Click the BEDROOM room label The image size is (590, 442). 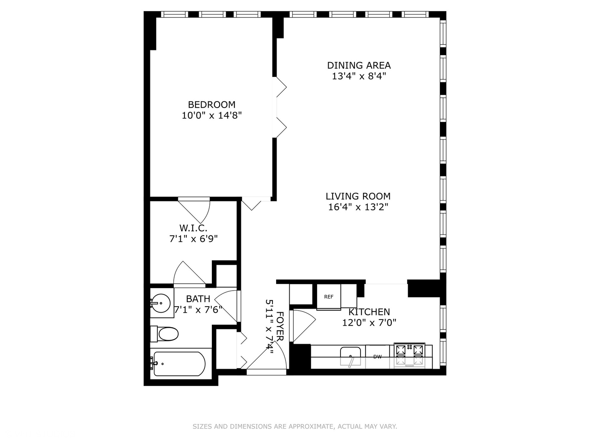(211, 105)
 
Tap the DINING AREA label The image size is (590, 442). (359, 65)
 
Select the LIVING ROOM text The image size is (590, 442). (358, 196)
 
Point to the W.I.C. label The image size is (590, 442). (193, 228)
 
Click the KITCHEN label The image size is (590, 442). (369, 312)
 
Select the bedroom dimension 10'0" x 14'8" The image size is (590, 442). (211, 116)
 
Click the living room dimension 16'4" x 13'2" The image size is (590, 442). (358, 207)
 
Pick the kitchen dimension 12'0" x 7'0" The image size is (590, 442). (369, 323)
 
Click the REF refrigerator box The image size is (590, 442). (329, 297)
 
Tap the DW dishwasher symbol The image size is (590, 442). (377, 357)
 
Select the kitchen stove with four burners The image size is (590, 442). (409, 355)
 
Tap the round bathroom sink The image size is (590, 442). (160, 304)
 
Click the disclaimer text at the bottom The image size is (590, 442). (295, 426)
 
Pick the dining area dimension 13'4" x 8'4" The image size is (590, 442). (359, 76)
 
